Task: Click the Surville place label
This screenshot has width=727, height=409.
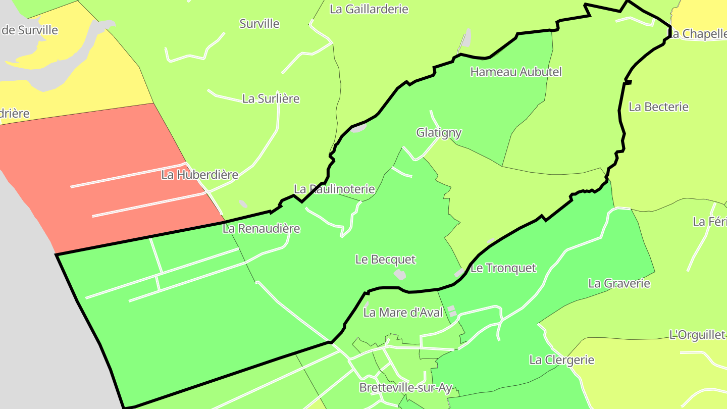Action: [259, 24]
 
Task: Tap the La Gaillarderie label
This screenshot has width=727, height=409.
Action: [369, 9]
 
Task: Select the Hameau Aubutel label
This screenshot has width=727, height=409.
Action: [516, 72]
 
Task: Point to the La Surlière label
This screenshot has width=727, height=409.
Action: [271, 98]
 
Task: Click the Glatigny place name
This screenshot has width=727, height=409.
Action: [439, 132]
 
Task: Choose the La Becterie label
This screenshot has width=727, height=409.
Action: [658, 107]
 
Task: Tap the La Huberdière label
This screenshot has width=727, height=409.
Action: [199, 175]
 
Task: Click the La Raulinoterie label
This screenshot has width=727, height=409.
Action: [334, 189]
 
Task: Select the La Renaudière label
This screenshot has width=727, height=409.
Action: [262, 228]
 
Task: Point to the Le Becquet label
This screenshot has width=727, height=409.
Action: [385, 259]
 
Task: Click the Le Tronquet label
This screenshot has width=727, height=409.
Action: [503, 268]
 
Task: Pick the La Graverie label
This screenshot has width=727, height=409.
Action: [619, 283]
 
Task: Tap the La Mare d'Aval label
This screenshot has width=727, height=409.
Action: [403, 313]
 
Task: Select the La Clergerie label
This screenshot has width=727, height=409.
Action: [561, 360]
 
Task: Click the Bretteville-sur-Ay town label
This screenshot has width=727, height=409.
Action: [405, 387]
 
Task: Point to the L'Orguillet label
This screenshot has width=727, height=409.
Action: [697, 334]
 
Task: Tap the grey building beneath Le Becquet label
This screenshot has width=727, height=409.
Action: [400, 275]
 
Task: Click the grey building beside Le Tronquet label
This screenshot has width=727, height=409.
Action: [459, 273]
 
